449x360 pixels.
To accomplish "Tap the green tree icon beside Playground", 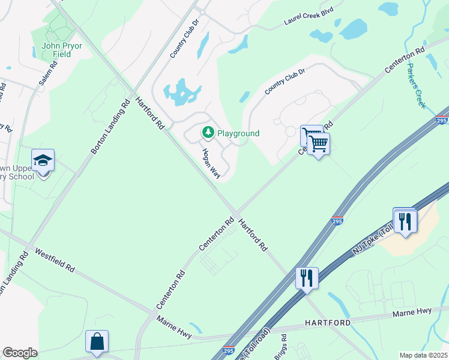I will (x=208, y=132).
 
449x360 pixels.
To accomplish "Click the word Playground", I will (x=238, y=133).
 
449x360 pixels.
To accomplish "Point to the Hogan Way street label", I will (x=211, y=164).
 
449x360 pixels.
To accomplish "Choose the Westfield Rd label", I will (x=54, y=260).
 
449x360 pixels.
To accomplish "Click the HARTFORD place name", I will (x=327, y=323).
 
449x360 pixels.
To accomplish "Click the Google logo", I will (x=20, y=353).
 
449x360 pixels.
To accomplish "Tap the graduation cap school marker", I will (x=43, y=161).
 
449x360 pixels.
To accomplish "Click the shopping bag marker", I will (x=97, y=342).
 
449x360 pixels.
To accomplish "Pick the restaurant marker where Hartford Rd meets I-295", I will (x=307, y=278).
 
